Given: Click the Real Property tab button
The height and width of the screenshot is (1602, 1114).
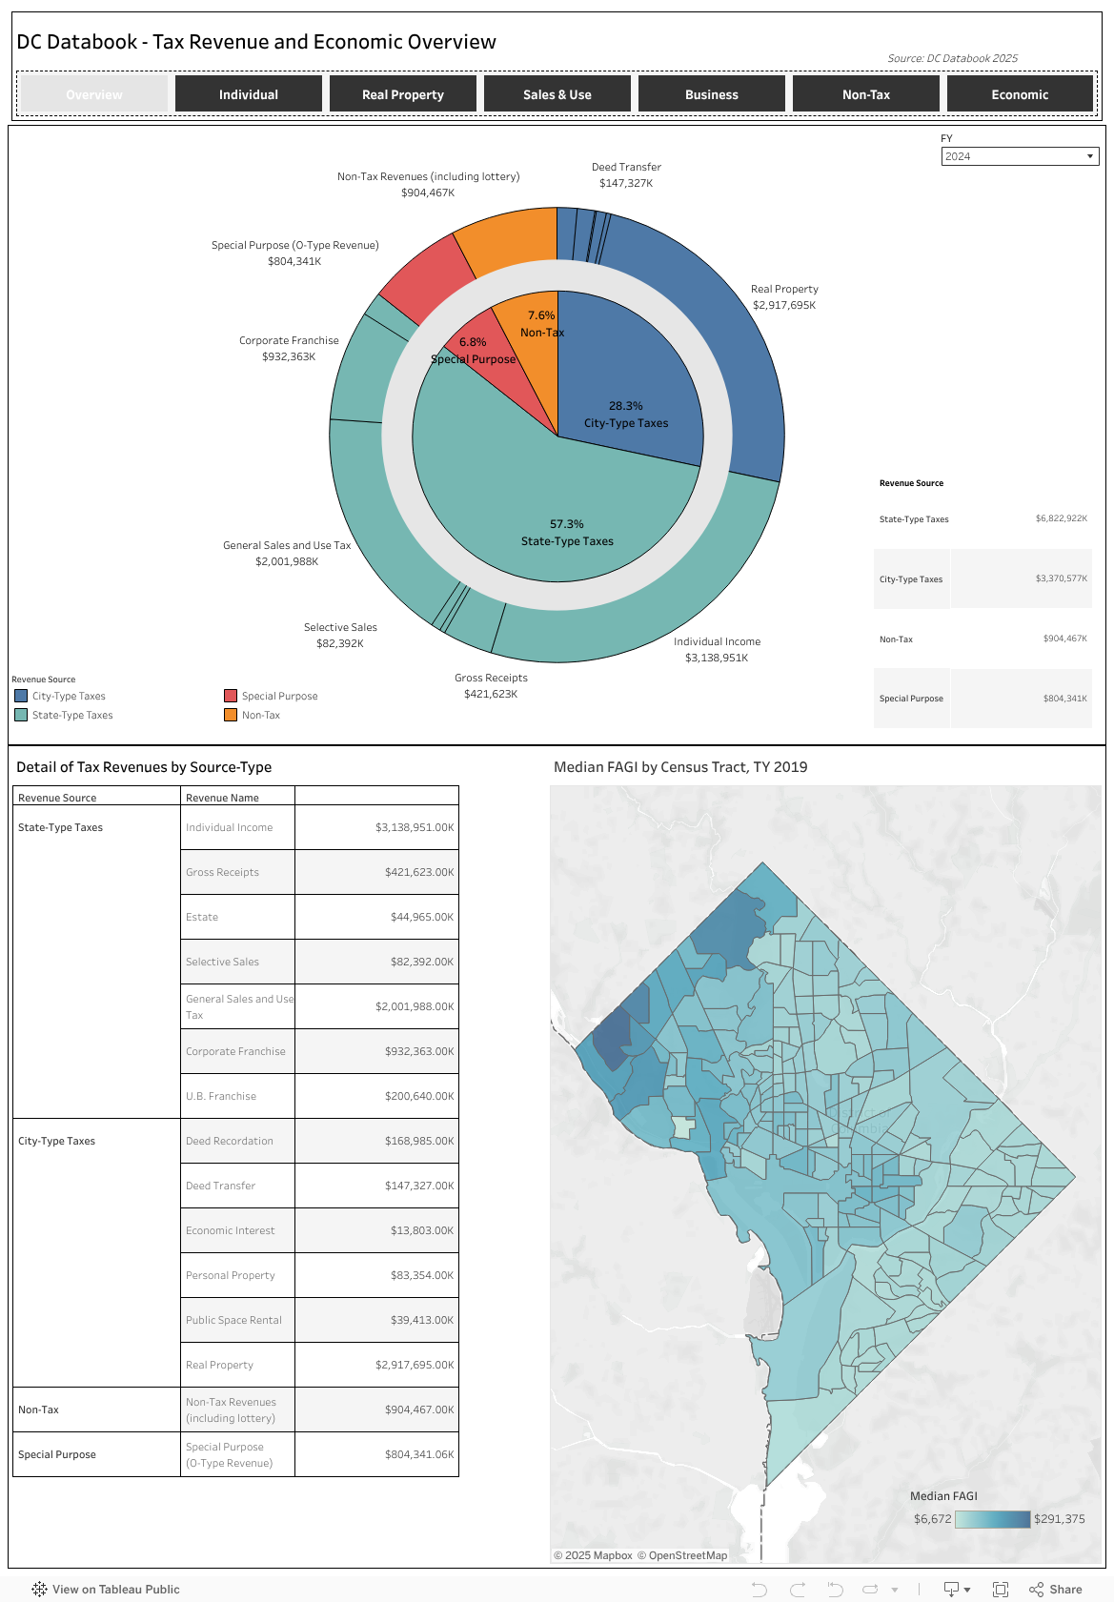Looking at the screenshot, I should click(402, 94).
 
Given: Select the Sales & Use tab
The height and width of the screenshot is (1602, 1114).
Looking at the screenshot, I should click(557, 94).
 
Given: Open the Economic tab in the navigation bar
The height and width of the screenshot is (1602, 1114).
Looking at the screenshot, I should click(1019, 94).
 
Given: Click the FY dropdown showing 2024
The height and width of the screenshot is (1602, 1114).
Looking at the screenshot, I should click(1019, 156).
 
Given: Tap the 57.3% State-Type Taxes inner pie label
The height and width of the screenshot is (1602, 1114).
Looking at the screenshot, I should click(567, 533).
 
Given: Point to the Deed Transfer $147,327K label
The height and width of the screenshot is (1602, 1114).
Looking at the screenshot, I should click(626, 175).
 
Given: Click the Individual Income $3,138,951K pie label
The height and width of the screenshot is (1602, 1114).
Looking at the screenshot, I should click(717, 649).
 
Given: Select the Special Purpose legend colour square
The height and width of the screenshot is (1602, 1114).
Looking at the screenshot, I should click(231, 696).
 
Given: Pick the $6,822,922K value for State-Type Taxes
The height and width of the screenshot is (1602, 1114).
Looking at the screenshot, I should click(1061, 519).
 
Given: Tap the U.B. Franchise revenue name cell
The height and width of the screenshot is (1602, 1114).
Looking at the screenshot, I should click(221, 1096).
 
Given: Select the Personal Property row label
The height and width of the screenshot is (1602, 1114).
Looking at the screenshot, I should click(231, 1275).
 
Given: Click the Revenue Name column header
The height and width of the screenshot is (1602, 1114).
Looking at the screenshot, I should click(222, 798).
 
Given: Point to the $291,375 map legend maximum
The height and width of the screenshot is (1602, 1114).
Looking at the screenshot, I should click(1059, 1519).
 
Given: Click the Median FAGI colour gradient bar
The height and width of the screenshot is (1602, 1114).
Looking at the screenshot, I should click(992, 1519).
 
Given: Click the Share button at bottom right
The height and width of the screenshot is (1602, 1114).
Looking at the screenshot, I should click(1056, 1589).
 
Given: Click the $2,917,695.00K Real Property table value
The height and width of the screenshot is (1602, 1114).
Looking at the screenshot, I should click(415, 1365).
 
